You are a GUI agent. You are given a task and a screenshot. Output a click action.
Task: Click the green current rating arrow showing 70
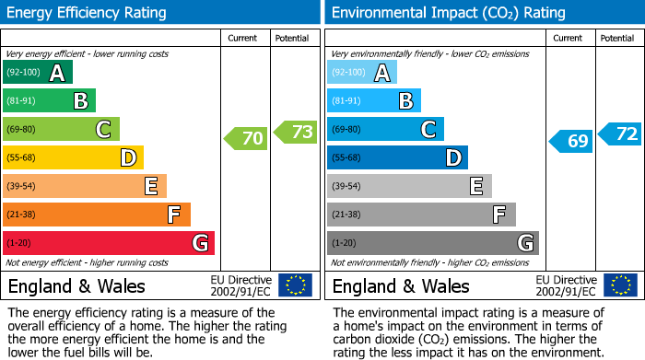[246, 139]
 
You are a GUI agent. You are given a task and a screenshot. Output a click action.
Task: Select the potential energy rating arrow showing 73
[295, 133]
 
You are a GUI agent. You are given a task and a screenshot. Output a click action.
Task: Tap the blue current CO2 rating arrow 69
[571, 141]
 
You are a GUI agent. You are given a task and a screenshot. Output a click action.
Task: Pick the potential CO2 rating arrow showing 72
[620, 134]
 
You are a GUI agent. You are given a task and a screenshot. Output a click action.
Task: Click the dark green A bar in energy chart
[38, 73]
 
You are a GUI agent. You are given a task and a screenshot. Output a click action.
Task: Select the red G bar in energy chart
[109, 243]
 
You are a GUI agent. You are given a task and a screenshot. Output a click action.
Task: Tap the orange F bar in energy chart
[97, 215]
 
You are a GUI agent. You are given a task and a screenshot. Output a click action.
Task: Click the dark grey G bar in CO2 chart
[432, 243]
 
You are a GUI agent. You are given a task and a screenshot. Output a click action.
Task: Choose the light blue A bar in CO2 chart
[362, 73]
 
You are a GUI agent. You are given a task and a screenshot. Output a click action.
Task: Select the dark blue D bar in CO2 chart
[397, 158]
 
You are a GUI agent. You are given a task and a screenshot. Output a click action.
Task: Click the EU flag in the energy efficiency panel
[295, 285]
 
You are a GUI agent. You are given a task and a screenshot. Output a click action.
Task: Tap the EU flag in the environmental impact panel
[619, 285]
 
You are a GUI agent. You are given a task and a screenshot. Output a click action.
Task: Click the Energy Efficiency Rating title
[88, 13]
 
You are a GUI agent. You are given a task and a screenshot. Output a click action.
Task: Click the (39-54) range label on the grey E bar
[346, 187]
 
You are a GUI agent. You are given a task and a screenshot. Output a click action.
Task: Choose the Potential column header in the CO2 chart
[617, 38]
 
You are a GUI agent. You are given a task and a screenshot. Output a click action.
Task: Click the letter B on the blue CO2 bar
[406, 101]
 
